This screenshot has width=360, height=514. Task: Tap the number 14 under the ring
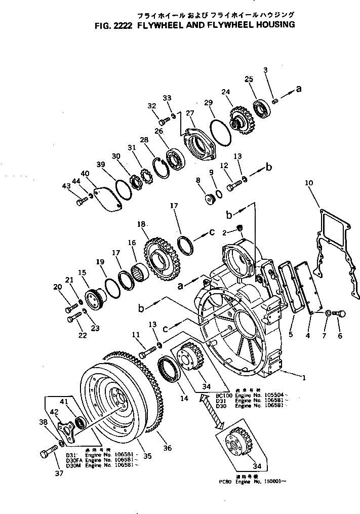pyautogui.click(x=184, y=399)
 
